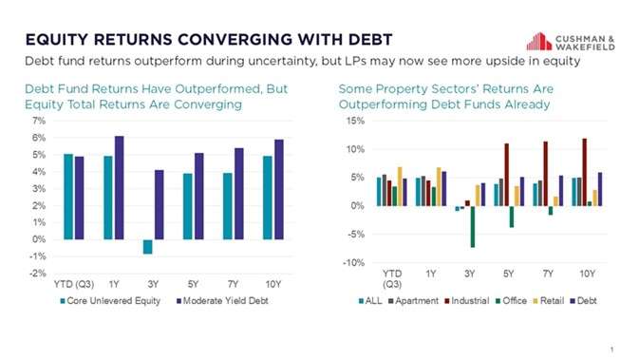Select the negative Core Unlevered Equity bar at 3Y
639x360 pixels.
[x=147, y=247]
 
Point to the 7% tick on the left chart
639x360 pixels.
[x=39, y=122]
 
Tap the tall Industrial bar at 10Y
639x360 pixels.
[x=584, y=172]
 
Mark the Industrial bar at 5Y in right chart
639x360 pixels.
[x=506, y=175]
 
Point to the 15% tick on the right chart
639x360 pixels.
[x=352, y=122]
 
